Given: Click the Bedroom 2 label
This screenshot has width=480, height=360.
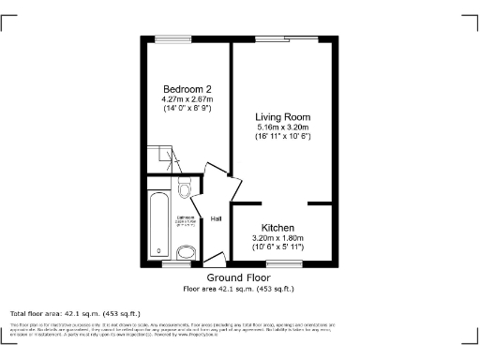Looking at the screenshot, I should pos(186,89).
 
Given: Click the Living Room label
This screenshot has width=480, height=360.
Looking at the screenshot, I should pos(283,116).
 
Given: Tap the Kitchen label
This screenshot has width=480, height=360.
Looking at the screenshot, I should pos(278,228).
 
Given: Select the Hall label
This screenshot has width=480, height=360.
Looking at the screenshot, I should pos(216,219).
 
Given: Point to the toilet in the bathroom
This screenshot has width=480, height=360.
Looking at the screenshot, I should pos(185,191).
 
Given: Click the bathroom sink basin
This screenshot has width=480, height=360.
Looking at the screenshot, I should pos(186,248).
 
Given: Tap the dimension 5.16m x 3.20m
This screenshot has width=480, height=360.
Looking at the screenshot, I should pos(283,127).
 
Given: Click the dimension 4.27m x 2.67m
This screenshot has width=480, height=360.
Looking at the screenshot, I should pos(186,99).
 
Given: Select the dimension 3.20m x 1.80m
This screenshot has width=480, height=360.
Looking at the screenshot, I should pos(278,239).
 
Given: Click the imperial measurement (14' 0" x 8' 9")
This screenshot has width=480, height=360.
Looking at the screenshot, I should pos(186,109).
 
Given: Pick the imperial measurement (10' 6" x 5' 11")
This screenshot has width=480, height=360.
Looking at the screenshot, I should pos(278,248).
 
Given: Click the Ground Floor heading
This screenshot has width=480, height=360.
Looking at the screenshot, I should pos(238,278).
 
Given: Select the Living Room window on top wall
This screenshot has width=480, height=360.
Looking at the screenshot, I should pos(283,38).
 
